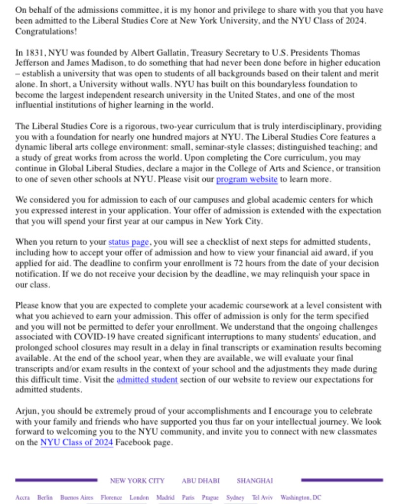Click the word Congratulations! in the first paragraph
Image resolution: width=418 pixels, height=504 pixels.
[45, 31]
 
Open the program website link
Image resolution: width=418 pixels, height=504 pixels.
[247, 179]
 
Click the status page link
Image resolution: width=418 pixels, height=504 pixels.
[128, 242]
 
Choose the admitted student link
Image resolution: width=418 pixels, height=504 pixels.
[147, 379]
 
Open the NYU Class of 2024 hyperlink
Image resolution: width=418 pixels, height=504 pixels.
[76, 442]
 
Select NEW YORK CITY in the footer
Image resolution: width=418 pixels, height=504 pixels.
[137, 480]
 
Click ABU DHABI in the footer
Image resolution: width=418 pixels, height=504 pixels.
[200, 480]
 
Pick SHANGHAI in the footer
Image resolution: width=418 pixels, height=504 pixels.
[255, 480]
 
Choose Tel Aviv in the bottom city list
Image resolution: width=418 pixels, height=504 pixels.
[262, 498]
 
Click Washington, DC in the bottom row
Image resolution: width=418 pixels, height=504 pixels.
[301, 498]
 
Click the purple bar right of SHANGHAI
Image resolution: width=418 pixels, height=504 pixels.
[342, 480]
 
